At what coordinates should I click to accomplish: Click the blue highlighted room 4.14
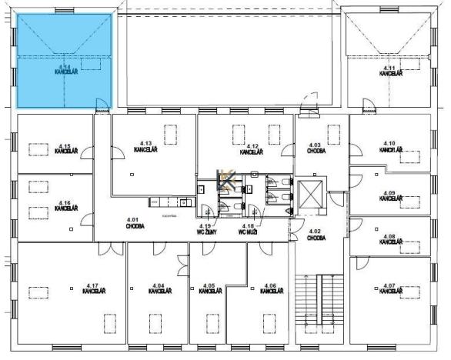point(65,60)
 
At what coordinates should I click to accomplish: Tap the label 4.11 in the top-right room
point(389,69)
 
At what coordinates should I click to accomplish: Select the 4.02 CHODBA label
point(316,235)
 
